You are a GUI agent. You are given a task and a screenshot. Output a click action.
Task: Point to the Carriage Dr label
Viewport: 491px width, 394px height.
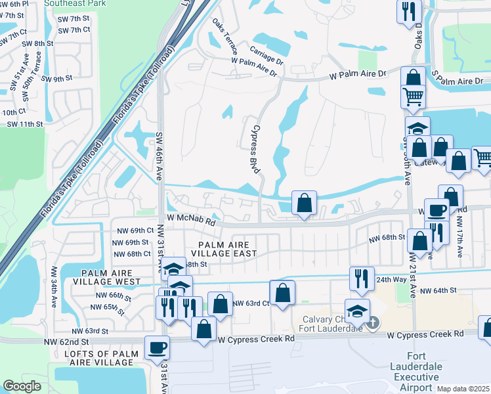pos(266,55)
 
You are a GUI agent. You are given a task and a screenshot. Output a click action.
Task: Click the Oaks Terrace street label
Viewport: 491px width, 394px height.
pos(223,37)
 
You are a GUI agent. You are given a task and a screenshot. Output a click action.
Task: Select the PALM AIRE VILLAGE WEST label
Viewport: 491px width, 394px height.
pos(111,277)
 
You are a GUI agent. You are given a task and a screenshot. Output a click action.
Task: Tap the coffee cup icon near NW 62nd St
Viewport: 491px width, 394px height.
pos(158,347)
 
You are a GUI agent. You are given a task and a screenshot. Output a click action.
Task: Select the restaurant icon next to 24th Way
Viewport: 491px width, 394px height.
pos(361,278)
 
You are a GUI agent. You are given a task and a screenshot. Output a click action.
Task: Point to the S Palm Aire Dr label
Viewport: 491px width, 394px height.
pos(459,81)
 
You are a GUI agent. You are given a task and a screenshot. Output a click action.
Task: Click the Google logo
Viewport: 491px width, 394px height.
pos(22,386)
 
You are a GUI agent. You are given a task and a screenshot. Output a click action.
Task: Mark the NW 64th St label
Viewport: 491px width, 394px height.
pos(437,290)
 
